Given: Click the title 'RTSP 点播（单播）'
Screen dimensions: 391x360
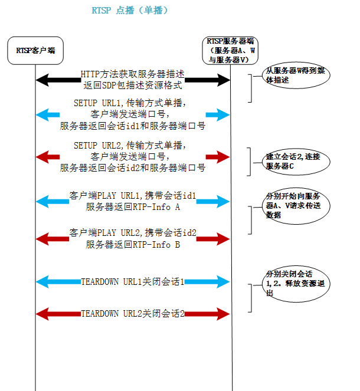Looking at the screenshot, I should click(x=130, y=11).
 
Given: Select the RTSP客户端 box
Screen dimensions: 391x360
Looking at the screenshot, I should click(x=35, y=51).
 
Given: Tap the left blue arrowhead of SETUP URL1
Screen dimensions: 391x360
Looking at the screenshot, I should click(x=41, y=114).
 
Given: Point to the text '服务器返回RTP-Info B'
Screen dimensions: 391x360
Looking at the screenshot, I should click(x=133, y=245).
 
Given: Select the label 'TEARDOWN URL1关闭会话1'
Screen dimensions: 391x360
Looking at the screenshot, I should click(x=133, y=282).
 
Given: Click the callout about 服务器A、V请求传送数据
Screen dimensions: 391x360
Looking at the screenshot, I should click(x=293, y=205).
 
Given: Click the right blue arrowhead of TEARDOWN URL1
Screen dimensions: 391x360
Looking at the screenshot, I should click(x=224, y=282).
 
